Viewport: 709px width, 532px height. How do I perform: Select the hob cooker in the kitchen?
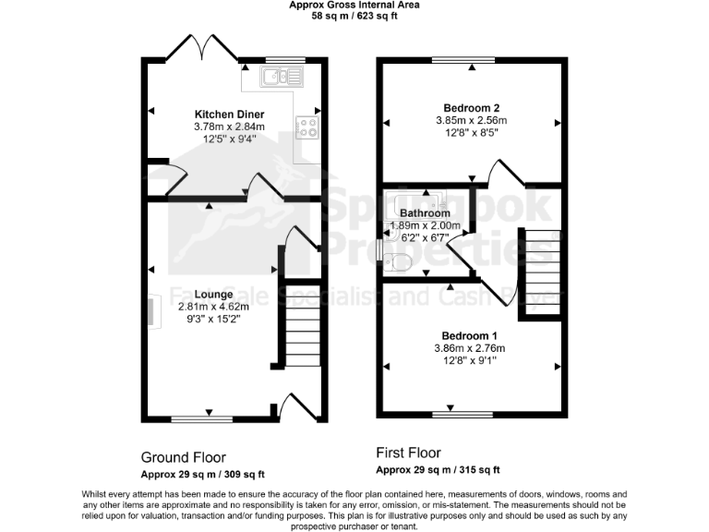(306, 128)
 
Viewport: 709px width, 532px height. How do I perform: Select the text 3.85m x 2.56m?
(471, 120)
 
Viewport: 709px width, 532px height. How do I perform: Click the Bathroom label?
(425, 213)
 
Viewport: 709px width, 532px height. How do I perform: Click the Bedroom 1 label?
(469, 334)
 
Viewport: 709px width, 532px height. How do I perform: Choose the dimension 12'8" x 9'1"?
(470, 360)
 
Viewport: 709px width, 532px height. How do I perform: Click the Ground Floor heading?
(183, 457)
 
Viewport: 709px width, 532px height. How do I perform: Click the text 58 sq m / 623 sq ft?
(354, 16)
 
